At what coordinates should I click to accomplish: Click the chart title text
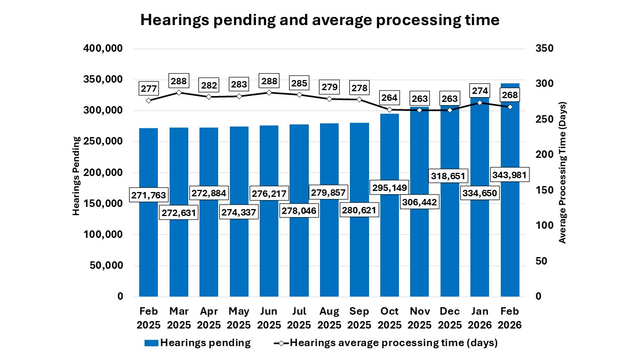[319, 20]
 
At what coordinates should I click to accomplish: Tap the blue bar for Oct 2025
[389, 240]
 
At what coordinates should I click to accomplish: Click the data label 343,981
[510, 174]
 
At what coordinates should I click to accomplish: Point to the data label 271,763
[148, 195]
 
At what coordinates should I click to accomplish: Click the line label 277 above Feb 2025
[148, 87]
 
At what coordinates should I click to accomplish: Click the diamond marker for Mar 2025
[179, 92]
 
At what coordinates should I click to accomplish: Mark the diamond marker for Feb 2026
[510, 107]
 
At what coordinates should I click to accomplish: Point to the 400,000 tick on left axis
[103, 49]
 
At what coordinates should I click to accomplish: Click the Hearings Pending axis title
[76, 176]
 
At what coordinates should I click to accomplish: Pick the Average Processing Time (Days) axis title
[562, 172]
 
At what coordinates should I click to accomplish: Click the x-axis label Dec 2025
[450, 317]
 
